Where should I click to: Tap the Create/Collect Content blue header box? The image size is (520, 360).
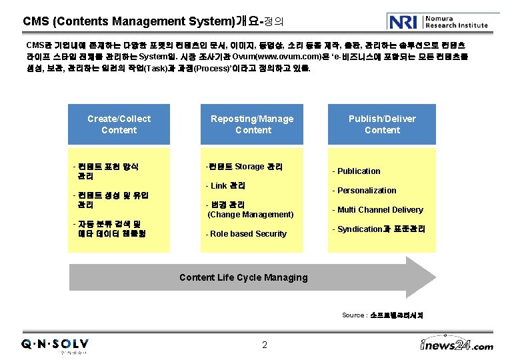click(x=119, y=125)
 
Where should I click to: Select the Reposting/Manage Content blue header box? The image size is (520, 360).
click(x=252, y=125)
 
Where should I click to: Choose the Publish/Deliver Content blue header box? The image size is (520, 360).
click(x=382, y=125)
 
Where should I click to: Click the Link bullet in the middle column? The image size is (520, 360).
click(x=226, y=185)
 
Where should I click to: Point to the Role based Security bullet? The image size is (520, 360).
click(x=246, y=234)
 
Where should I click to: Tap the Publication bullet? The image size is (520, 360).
click(x=357, y=171)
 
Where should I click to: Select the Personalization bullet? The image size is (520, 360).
click(x=365, y=191)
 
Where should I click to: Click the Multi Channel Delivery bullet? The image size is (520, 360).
click(x=378, y=210)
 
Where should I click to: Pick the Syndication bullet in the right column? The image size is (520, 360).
click(x=379, y=229)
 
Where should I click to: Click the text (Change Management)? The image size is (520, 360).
click(x=251, y=215)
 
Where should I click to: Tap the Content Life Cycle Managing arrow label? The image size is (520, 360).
click(x=243, y=277)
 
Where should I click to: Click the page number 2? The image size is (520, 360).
click(x=265, y=345)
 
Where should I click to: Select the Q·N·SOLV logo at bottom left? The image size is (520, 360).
click(x=55, y=345)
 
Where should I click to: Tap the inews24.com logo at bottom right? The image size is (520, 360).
click(x=457, y=345)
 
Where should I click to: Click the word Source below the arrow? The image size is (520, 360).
click(x=353, y=315)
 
